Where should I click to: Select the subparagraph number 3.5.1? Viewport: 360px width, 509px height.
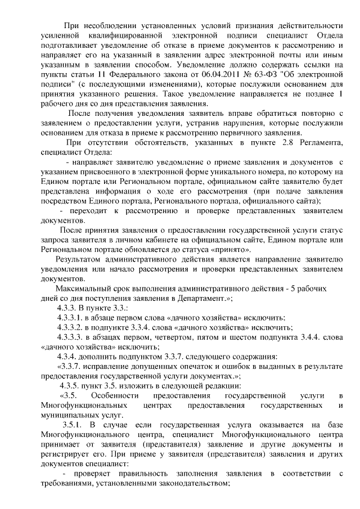click(x=74, y=425)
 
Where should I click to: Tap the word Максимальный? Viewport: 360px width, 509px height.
click(x=84, y=288)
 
